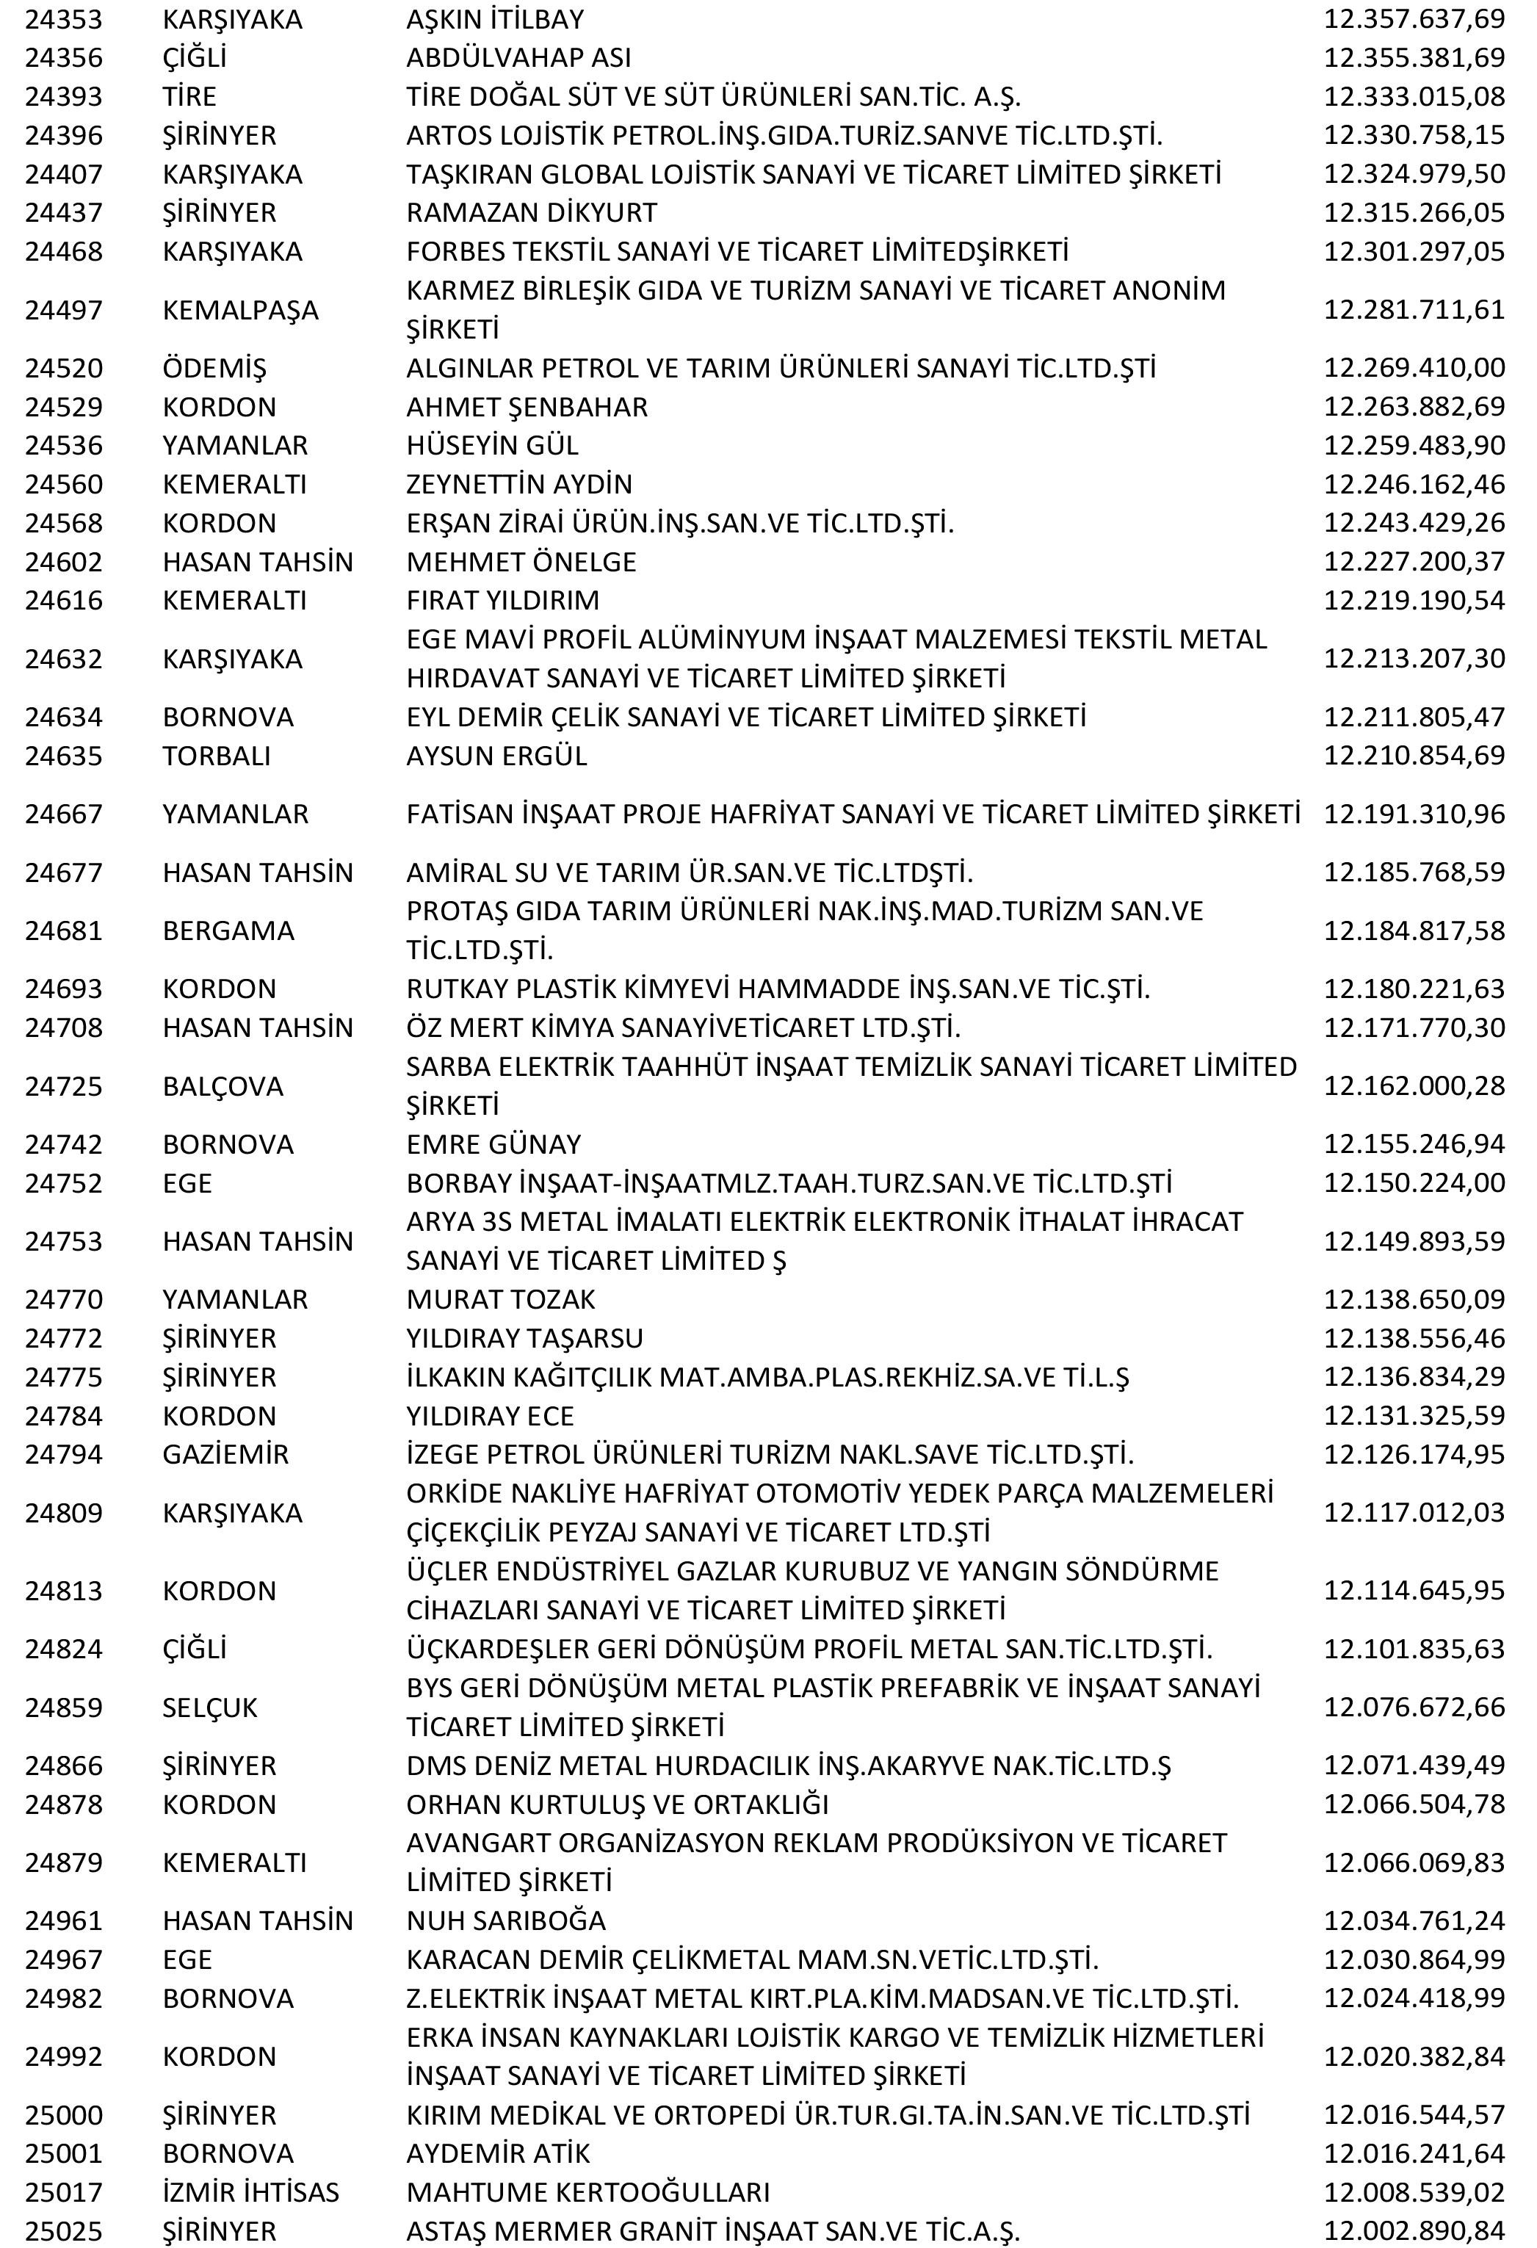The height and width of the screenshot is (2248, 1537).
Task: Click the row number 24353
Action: pyautogui.click(x=63, y=19)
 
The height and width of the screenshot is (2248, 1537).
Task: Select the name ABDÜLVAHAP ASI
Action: pyautogui.click(x=518, y=58)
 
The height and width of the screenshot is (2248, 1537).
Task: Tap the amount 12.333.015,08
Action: pyautogui.click(x=1414, y=97)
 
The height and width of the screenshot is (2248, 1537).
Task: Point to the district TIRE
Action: pyautogui.click(x=189, y=97)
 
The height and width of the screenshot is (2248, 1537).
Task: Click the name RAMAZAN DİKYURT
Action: pyautogui.click(x=531, y=213)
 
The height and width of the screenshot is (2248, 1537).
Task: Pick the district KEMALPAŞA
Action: pyautogui.click(x=240, y=311)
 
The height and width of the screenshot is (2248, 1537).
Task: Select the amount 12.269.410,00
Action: pyautogui.click(x=1414, y=369)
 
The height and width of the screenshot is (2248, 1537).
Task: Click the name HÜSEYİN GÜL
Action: pyautogui.click(x=492, y=446)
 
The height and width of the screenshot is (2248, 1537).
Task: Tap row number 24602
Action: pyautogui.click(x=63, y=562)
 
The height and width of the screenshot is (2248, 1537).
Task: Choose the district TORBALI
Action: pyautogui.click(x=217, y=756)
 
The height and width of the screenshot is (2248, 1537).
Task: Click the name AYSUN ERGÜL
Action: pyautogui.click(x=496, y=756)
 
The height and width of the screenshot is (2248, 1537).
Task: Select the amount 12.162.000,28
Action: pyautogui.click(x=1414, y=1086)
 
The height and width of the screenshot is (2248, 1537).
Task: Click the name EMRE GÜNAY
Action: pyautogui.click(x=493, y=1144)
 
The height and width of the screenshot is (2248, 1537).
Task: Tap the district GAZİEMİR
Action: pyautogui.click(x=225, y=1455)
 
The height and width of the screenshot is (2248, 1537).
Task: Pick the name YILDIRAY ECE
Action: pyautogui.click(x=491, y=1416)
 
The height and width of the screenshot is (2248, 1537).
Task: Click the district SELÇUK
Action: pyautogui.click(x=210, y=1707)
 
